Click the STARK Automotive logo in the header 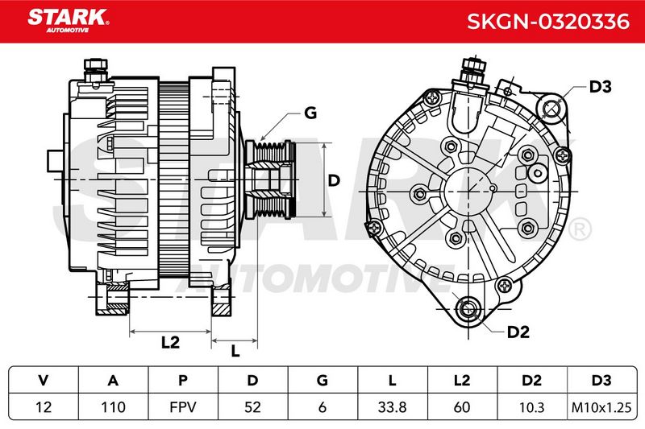(x=69, y=21)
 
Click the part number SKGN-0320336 (x=548, y=22)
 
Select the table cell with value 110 (x=113, y=407)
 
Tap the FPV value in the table (x=183, y=407)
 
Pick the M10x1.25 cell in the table (x=601, y=407)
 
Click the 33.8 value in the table (x=392, y=407)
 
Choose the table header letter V (x=44, y=381)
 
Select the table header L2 (x=462, y=381)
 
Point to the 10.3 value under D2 (x=532, y=407)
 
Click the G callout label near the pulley (x=310, y=113)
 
